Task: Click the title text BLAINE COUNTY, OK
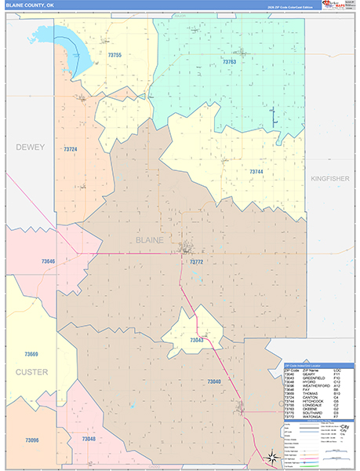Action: pos(31,5)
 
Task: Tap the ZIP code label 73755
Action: pos(115,55)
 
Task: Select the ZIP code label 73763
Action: pos(229,61)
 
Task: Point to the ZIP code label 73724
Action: pos(71,149)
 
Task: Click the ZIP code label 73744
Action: pos(256,171)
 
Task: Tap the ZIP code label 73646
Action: pos(49,261)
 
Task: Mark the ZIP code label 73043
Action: pos(196,340)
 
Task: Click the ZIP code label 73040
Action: pos(214,382)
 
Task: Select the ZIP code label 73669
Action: pos(31,354)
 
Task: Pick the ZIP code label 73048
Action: pos(88,439)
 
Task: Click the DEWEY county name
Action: pos(31,147)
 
